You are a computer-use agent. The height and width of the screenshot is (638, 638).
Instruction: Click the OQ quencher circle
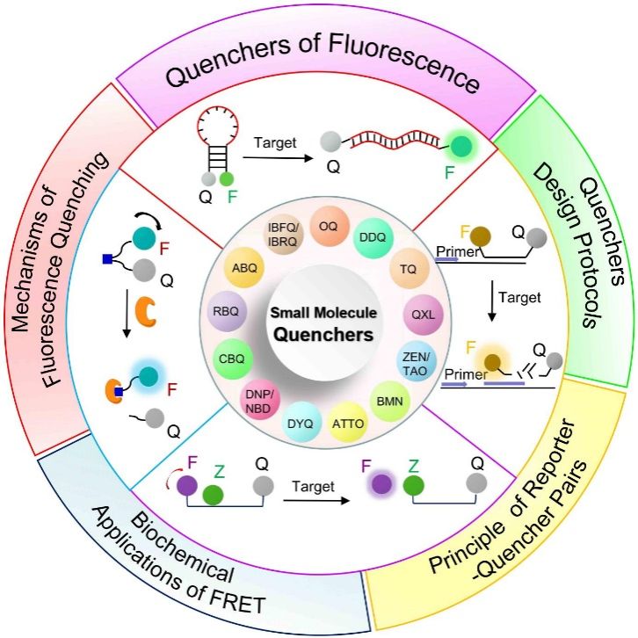click(327, 226)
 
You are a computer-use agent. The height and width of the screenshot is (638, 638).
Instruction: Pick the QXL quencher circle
click(421, 312)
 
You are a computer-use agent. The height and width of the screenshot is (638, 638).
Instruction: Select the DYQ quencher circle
click(301, 424)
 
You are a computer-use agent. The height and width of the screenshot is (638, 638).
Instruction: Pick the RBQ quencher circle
click(225, 310)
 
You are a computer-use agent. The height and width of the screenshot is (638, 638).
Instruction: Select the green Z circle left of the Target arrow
click(212, 495)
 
